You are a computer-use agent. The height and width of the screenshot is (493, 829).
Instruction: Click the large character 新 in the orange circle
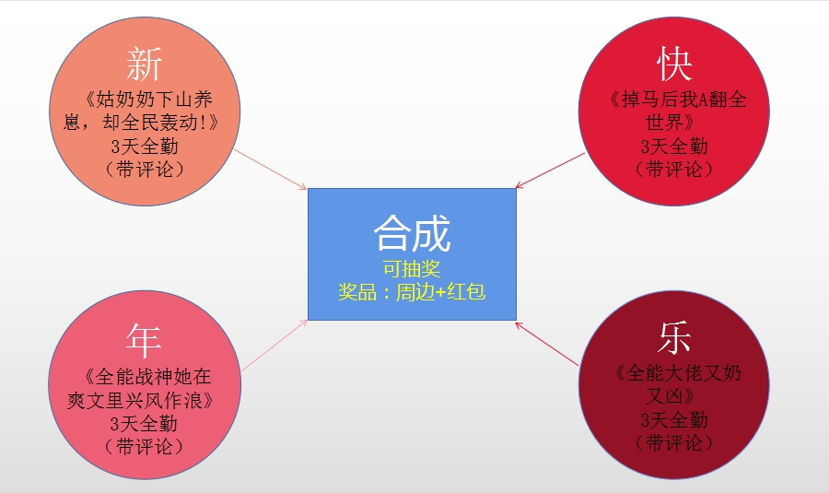coord(145,64)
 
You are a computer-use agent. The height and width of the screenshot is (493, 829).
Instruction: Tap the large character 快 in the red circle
coord(674,64)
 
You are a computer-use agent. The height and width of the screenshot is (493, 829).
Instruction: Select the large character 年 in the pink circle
coord(144,341)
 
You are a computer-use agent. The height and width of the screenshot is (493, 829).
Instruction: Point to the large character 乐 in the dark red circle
coord(674,337)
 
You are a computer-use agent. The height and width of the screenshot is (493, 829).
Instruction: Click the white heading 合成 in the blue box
coord(412,233)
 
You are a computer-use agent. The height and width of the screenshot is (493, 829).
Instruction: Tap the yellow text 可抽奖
coord(412,269)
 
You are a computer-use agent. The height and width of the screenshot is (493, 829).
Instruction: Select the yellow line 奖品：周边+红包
coord(412,291)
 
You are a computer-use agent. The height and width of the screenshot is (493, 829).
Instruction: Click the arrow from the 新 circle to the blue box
coord(271,170)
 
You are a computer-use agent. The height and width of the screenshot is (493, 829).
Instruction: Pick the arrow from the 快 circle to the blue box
coord(551,170)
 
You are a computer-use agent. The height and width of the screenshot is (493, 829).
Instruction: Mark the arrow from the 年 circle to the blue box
coord(274,345)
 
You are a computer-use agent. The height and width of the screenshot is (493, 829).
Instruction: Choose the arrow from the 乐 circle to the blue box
coord(547,344)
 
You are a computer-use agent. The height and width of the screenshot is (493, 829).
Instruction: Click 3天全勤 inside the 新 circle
coord(145,146)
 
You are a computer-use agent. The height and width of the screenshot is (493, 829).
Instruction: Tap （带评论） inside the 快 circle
coord(674,170)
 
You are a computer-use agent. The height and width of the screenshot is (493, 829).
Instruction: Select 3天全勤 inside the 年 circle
coord(144,423)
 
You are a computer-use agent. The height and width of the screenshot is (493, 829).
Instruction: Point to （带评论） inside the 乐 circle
coord(674,442)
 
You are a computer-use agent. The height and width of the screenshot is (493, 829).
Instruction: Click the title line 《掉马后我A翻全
coord(678,100)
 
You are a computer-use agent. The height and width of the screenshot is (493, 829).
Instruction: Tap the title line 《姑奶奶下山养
coord(147,100)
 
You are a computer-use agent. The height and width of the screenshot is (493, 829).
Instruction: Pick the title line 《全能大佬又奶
coord(678,373)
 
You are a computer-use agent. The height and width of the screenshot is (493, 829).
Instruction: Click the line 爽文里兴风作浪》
coord(141,400)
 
